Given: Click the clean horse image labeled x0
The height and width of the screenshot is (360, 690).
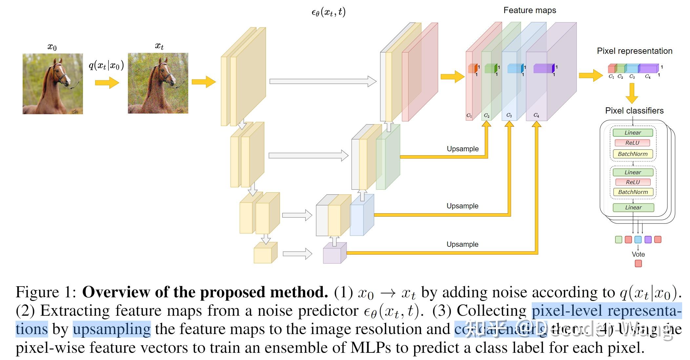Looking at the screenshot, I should (52, 84).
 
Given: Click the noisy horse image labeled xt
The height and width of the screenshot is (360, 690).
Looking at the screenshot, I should (158, 83).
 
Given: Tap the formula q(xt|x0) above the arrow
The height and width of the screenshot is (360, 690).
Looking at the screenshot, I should (106, 65).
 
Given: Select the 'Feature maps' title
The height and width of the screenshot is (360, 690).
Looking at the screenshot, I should (530, 11).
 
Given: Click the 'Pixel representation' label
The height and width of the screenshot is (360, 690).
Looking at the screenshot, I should (634, 51).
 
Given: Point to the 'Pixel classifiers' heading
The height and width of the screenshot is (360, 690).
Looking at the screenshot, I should (634, 111).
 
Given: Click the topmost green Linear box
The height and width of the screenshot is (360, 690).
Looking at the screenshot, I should (633, 133).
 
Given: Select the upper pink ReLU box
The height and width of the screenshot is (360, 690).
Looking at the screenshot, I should (632, 143).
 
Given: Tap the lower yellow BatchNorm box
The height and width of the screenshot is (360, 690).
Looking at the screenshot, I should (633, 192).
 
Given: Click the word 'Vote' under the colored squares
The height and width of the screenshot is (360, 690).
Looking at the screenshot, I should (638, 254).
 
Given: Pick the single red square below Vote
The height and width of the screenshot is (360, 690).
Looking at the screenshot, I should (638, 263).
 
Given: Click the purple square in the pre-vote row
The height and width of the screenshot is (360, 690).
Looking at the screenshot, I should (648, 240).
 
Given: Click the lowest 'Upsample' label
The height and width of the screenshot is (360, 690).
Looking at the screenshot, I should (462, 244).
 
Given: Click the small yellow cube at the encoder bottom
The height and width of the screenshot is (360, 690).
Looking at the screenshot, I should (264, 253).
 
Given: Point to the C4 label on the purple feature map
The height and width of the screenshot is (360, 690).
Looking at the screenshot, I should (536, 115).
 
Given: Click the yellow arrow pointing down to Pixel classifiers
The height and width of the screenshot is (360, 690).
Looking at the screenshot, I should (632, 93).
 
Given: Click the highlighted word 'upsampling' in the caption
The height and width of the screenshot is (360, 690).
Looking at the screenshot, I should (112, 329).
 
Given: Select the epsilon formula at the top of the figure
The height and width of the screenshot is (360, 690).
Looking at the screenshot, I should (328, 12).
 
